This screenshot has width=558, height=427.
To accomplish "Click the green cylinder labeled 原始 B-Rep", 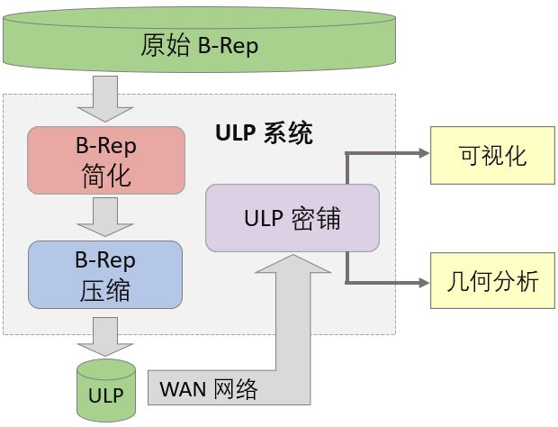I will click(x=199, y=44).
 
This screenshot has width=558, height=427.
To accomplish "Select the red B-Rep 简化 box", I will click(x=105, y=159).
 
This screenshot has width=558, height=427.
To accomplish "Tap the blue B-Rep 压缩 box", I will click(x=105, y=275).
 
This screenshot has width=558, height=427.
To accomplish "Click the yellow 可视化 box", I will click(x=492, y=155).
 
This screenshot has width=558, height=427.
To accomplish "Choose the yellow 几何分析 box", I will click(x=492, y=281).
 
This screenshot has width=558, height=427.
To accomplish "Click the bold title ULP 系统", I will click(x=264, y=134).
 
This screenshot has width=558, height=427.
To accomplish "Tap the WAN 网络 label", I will click(x=209, y=389).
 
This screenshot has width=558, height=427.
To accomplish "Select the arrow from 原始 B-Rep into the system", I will click(x=106, y=97).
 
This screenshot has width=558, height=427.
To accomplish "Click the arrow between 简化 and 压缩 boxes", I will click(x=106, y=216).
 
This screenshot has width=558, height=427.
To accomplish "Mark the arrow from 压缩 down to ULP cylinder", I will click(x=106, y=337).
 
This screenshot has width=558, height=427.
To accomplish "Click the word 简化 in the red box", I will click(x=105, y=175).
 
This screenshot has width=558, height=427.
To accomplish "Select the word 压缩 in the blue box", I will click(x=105, y=291).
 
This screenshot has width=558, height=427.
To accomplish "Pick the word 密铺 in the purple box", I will click(x=316, y=218).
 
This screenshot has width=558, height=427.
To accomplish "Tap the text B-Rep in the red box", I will click(x=105, y=144).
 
